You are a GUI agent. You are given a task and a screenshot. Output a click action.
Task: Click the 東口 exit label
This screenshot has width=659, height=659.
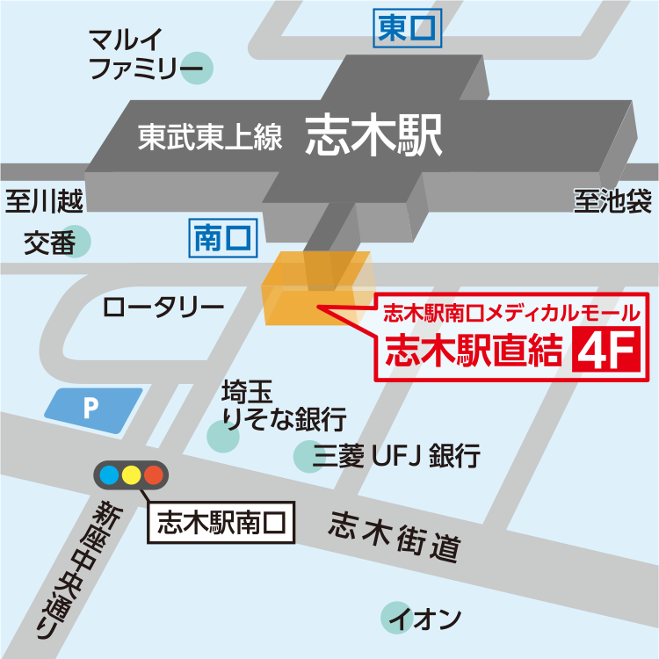point(406,30)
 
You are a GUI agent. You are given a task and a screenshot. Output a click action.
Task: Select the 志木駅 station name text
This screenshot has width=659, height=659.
point(371,137)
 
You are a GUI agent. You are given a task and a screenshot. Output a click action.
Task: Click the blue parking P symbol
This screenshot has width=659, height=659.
point(92,409)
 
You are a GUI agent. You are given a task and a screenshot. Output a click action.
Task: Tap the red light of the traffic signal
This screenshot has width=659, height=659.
point(154,475)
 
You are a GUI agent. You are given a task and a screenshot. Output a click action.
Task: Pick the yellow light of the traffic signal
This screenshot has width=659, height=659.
point(131,475)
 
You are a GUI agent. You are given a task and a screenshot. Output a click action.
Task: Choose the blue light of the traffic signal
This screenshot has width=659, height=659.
point(109,475)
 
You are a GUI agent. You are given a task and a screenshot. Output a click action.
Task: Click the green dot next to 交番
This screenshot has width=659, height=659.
point(77,243)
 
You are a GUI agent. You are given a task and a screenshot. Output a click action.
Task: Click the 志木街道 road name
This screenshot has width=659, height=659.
point(395,538)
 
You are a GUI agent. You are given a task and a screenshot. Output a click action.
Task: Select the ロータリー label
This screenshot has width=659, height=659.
point(163,308)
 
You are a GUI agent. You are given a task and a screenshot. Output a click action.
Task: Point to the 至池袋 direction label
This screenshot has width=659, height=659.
point(612,201)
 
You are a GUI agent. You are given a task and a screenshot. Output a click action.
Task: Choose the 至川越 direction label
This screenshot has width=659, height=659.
point(44,201)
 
